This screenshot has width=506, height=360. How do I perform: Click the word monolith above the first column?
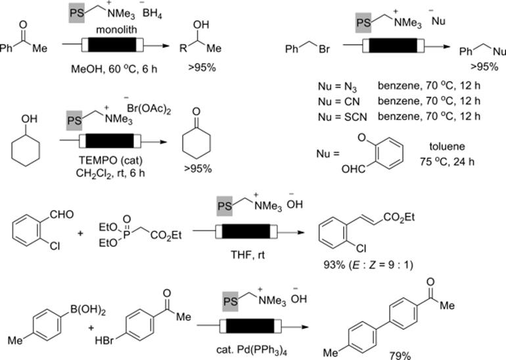point(116,30)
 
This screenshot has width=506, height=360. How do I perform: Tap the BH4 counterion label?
point(152,14)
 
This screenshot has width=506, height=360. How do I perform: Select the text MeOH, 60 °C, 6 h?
point(114,69)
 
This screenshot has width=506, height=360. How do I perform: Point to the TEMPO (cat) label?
point(110,160)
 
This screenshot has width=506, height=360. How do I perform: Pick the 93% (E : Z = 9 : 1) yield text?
point(368,265)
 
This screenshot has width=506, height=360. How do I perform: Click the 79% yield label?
point(400,356)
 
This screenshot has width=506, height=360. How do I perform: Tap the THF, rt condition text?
point(248,255)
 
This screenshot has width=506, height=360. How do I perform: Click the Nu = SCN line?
point(342,117)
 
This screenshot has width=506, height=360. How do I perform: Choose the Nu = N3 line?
point(337,87)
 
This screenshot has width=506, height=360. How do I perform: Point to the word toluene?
point(447,146)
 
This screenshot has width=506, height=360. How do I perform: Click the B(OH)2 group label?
point(88,311)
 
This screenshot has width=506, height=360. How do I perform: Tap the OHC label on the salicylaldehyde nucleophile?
point(354,169)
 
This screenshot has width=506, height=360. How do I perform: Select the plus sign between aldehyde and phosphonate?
point(80,233)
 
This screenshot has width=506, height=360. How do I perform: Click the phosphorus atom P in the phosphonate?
point(126,235)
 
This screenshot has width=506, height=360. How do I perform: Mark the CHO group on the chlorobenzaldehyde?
point(62,215)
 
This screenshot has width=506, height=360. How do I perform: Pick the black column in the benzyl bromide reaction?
point(393,46)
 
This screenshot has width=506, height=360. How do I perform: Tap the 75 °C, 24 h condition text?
point(447,162)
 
